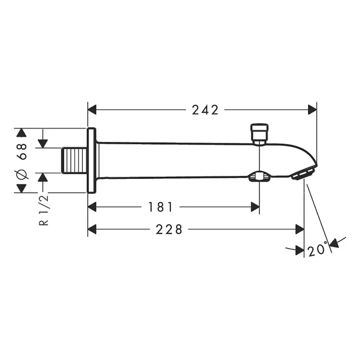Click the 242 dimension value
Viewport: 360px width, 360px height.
(x=205, y=110)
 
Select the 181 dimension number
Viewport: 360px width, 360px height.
(x=160, y=207)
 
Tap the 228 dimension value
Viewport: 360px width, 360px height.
(x=169, y=230)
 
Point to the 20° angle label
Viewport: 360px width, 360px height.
(x=317, y=249)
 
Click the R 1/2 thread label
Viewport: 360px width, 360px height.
(x=43, y=210)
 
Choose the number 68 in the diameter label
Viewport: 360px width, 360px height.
(x=22, y=152)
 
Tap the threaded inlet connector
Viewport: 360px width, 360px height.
(x=74, y=160)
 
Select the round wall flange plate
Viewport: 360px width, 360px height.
(x=91, y=160)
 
